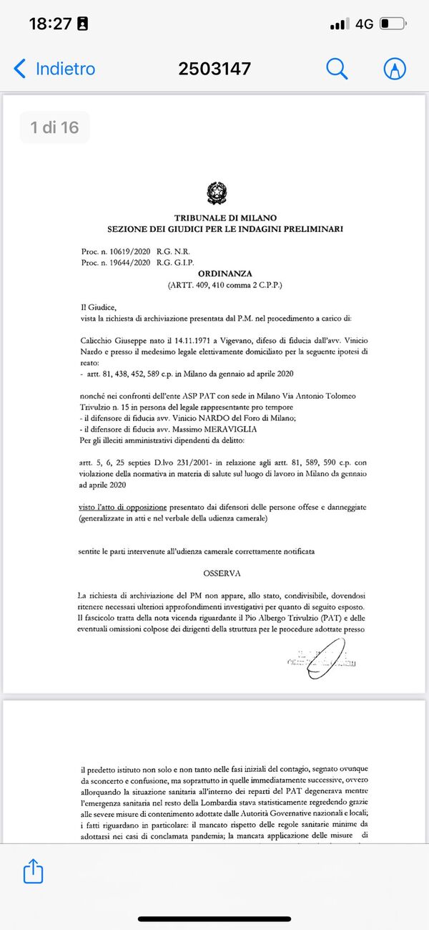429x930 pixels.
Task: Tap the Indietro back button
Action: coord(54,69)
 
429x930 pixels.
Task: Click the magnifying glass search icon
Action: coord(337,69)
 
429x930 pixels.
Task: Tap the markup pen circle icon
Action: coord(395,69)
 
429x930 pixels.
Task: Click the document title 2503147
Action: coord(214,69)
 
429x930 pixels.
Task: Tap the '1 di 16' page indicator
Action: coord(54,128)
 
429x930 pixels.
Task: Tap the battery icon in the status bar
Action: coord(393,24)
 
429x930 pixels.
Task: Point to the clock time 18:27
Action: coord(49,24)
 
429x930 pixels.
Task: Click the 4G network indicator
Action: coord(364,24)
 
